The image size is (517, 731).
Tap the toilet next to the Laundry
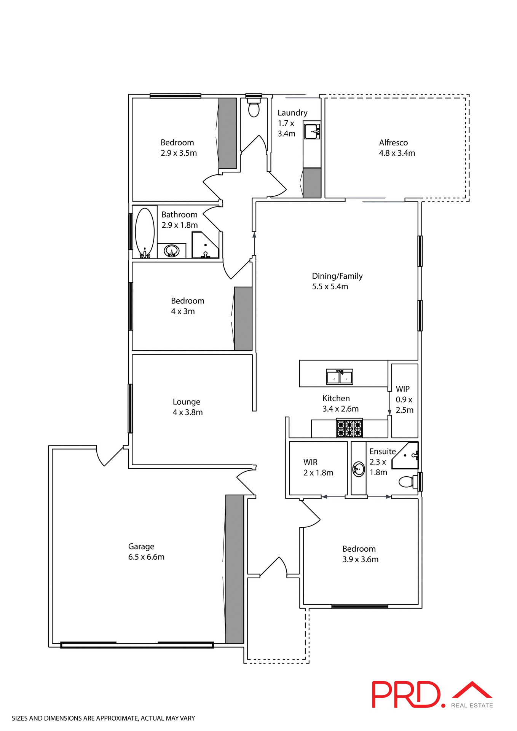click(254, 108)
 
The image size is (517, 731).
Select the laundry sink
click(312, 131)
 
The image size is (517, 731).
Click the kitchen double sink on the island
click(340, 377)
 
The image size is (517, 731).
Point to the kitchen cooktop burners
click(349, 428)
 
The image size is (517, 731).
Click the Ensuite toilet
click(407, 482)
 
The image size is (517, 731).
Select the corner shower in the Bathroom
click(206, 246)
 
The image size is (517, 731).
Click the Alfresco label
click(393, 143)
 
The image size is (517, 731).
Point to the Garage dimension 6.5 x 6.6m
click(146, 557)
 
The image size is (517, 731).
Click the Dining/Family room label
click(337, 276)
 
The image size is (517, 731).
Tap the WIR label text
click(310, 462)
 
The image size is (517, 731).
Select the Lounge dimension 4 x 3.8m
click(188, 412)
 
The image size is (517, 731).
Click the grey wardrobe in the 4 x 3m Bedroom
click(243, 319)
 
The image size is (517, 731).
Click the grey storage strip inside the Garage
click(235, 569)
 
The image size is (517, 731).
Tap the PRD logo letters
click(406, 694)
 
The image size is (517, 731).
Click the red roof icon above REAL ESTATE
click(472, 690)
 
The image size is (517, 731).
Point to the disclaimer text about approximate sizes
click(103, 718)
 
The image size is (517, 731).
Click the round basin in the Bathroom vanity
click(171, 251)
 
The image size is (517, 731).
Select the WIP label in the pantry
click(402, 389)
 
